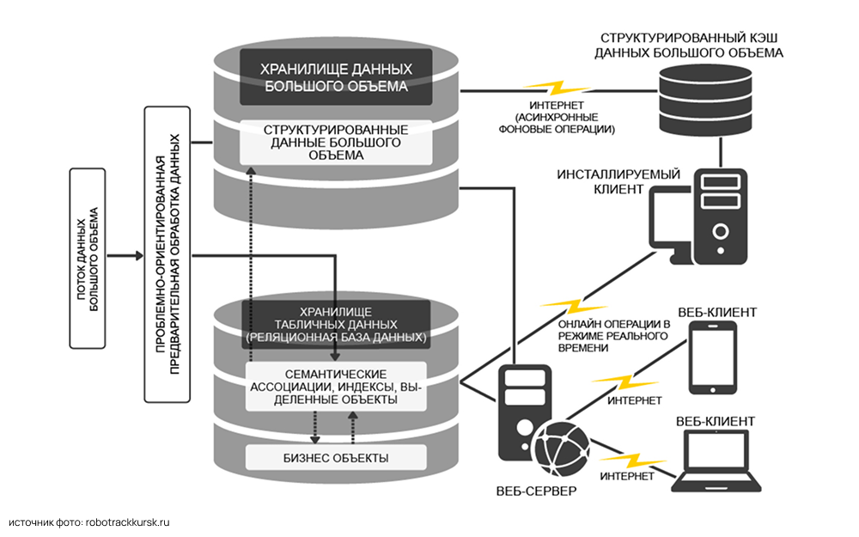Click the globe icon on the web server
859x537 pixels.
(561, 448)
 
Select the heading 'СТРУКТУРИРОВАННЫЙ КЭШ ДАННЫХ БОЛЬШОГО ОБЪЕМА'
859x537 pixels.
(691, 46)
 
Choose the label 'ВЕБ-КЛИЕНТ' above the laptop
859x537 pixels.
(716, 421)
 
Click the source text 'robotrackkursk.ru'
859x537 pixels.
(130, 521)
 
